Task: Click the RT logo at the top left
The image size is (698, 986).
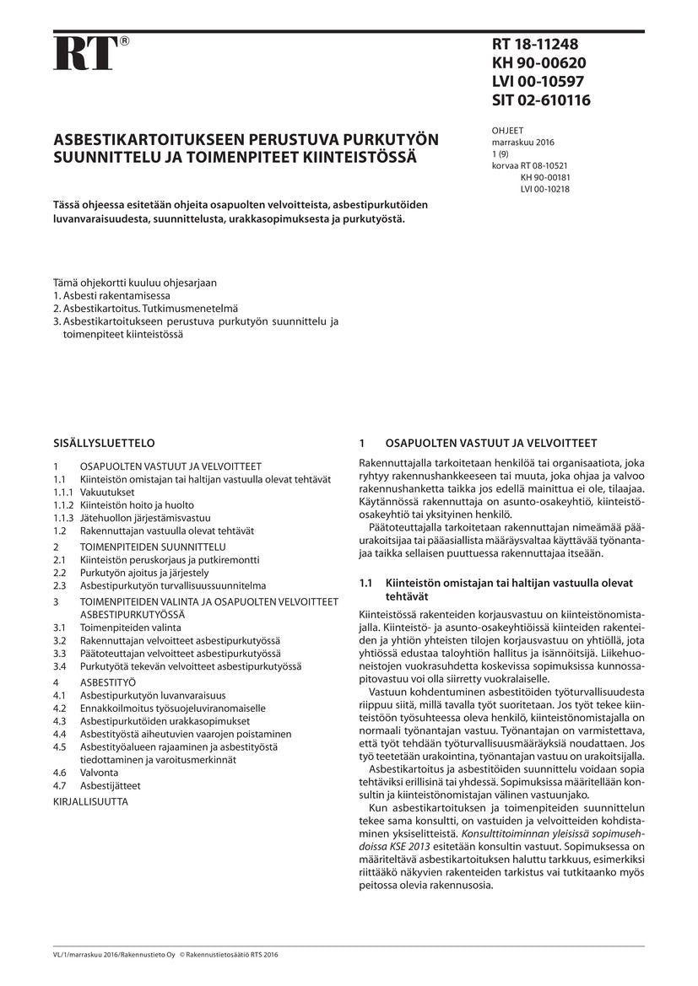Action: pyautogui.click(x=85, y=53)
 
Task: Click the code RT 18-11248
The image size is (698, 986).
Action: pyautogui.click(x=535, y=45)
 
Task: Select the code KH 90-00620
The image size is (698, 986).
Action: pyautogui.click(x=538, y=63)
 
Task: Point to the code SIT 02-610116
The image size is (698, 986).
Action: pyautogui.click(x=541, y=100)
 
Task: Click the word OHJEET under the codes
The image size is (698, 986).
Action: pyautogui.click(x=507, y=131)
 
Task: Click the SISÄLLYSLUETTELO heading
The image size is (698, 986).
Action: pyautogui.click(x=104, y=442)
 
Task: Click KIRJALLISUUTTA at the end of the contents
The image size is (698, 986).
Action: pyautogui.click(x=90, y=802)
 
